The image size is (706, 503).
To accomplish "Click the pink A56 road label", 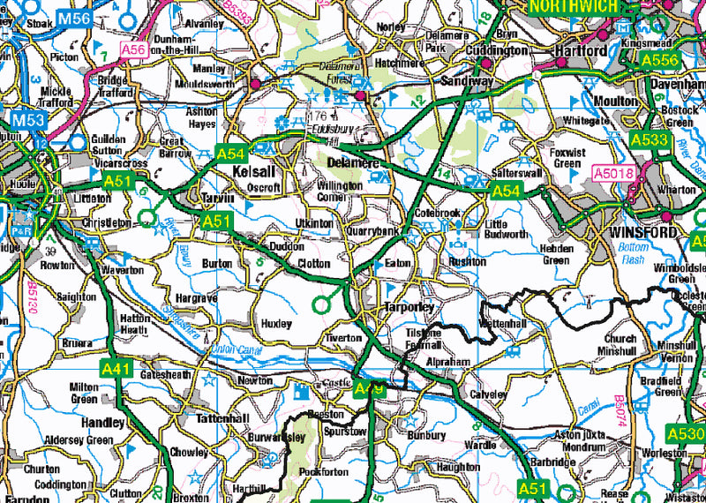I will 133,50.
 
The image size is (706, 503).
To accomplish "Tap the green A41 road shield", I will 117,369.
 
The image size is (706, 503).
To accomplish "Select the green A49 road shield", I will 370,388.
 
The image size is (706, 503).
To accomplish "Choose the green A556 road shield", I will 658,60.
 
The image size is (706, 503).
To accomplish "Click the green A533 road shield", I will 649,139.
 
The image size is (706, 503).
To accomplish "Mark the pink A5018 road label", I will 613,174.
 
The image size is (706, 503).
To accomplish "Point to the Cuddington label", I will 497,51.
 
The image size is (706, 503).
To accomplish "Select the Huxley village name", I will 276,324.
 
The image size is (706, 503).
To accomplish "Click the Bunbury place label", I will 427,436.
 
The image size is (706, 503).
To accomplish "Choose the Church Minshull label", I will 620,344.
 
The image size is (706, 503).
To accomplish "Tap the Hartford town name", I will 581,51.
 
